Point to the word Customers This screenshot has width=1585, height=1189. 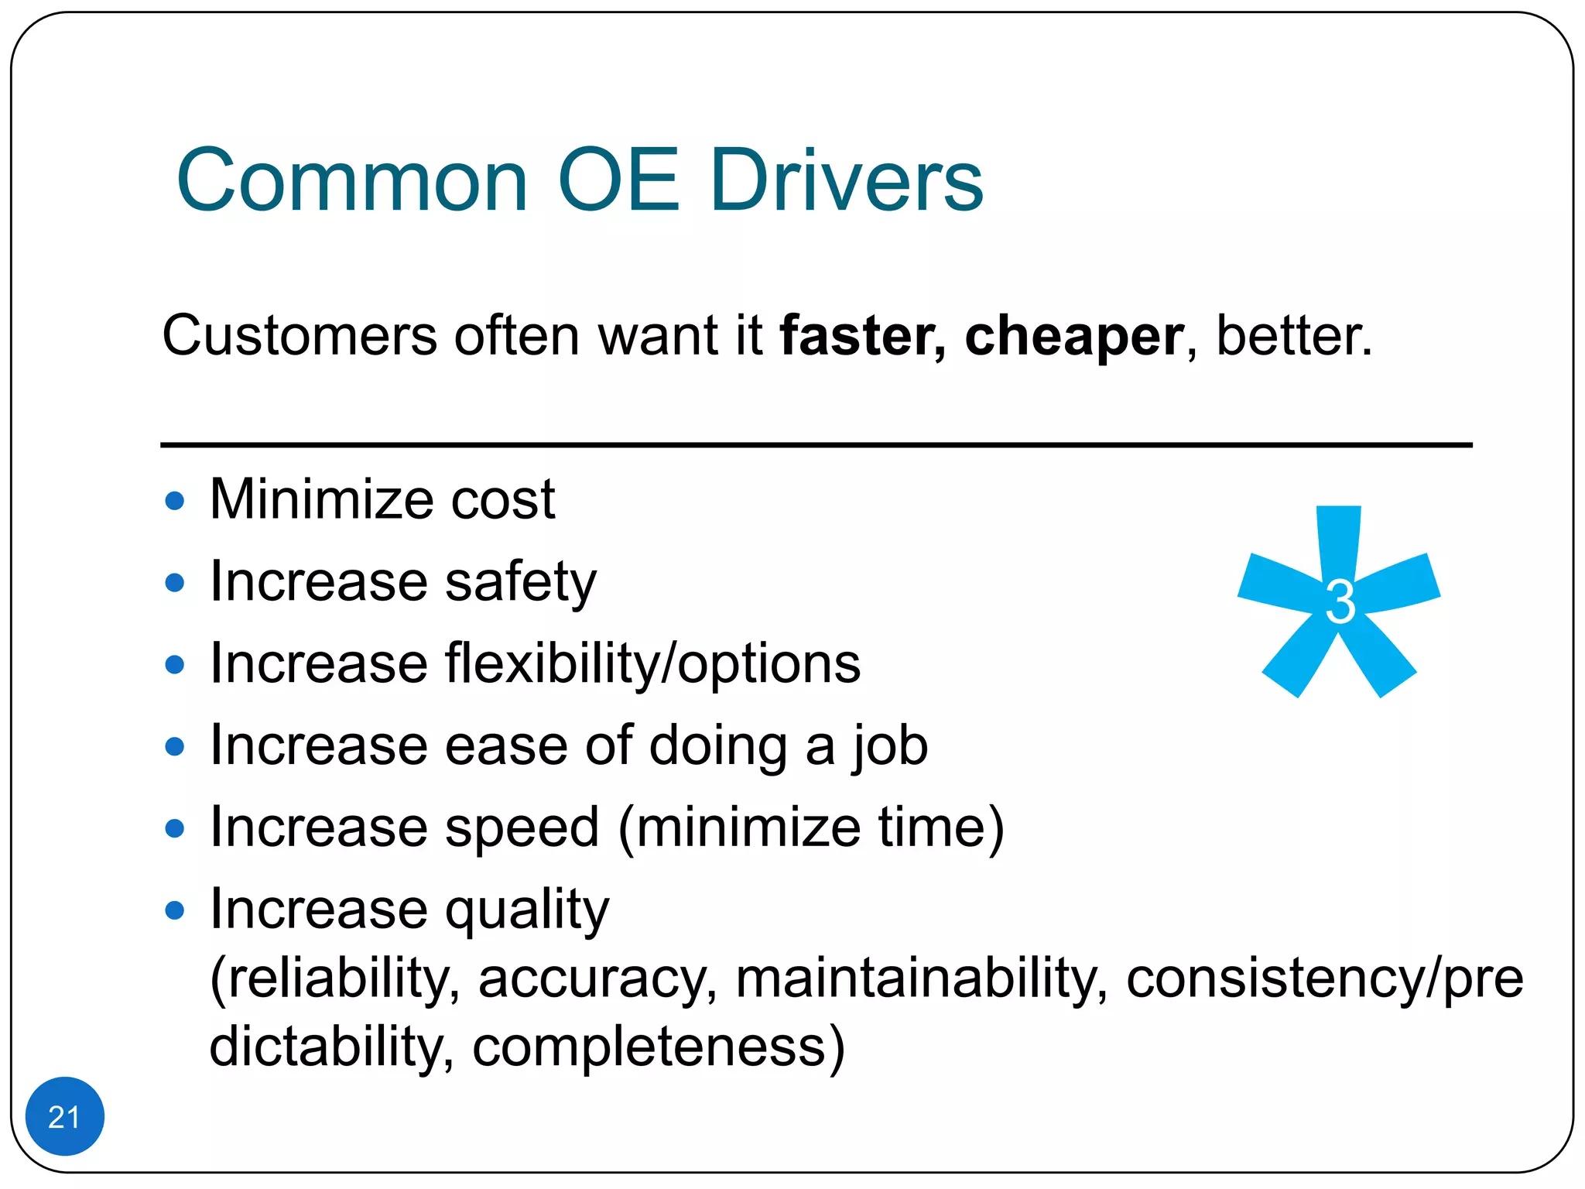[300, 336]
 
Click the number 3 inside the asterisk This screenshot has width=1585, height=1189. [1340, 602]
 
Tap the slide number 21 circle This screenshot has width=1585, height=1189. [64, 1116]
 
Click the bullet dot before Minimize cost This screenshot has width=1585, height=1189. [175, 501]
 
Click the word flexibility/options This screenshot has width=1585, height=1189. [652, 664]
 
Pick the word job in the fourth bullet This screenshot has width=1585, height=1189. [890, 746]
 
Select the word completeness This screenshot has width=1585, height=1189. [658, 1047]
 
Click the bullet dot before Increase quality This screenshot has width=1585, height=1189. [175, 910]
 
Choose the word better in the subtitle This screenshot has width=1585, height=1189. [1293, 336]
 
